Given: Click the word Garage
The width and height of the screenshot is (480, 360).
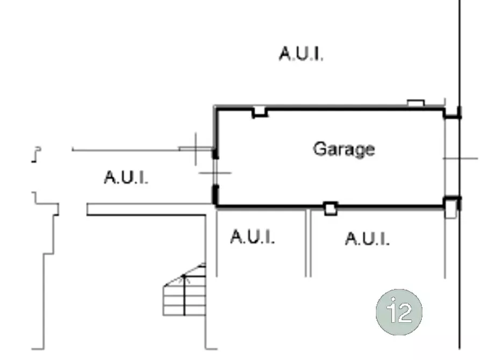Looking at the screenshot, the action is point(344,149).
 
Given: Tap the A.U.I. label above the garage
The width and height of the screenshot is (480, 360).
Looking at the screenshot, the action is point(301,54).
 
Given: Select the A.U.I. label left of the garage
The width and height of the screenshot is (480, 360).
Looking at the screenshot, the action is point(126,177).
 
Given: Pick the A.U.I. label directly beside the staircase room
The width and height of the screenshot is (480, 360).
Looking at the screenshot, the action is point(252,236).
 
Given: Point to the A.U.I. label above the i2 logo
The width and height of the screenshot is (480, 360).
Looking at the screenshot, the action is point(367,239).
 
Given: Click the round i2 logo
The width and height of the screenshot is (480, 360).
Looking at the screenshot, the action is point(399,312).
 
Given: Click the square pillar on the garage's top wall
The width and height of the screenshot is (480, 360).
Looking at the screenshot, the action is point(260,112).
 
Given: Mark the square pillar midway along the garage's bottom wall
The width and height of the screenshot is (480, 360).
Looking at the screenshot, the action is point(331,208).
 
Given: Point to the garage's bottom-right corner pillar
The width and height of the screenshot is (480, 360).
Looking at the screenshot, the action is point(450,207).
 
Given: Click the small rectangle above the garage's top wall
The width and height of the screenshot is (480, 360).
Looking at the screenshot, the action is point(415,103).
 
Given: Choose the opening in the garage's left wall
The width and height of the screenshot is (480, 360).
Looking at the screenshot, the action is point(216,172).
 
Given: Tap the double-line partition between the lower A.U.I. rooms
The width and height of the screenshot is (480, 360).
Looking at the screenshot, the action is point(309,243).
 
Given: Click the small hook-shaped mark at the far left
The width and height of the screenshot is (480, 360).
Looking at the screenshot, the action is point(37,155).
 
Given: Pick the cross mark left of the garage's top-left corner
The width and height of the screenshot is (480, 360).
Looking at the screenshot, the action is point(196,149).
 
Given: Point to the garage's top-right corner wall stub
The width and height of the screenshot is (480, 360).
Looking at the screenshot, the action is point(452,113).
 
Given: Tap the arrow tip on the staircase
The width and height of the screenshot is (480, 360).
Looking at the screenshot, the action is point(184,276).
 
